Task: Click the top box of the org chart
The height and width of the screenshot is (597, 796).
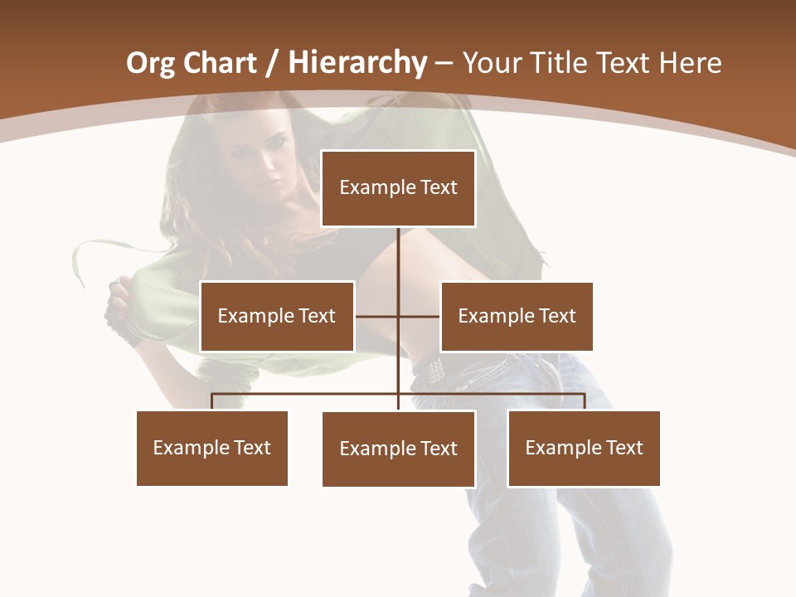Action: pos(398,188)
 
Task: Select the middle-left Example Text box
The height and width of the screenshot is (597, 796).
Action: pos(277,316)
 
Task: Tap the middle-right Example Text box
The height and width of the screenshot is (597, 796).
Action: pos(517,316)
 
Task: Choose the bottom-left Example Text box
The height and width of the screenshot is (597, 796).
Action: pos(212,448)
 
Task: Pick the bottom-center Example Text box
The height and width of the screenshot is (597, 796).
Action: pos(398,449)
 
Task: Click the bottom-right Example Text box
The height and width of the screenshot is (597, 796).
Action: pos(584,448)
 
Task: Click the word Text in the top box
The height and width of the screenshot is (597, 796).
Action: pos(438,188)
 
